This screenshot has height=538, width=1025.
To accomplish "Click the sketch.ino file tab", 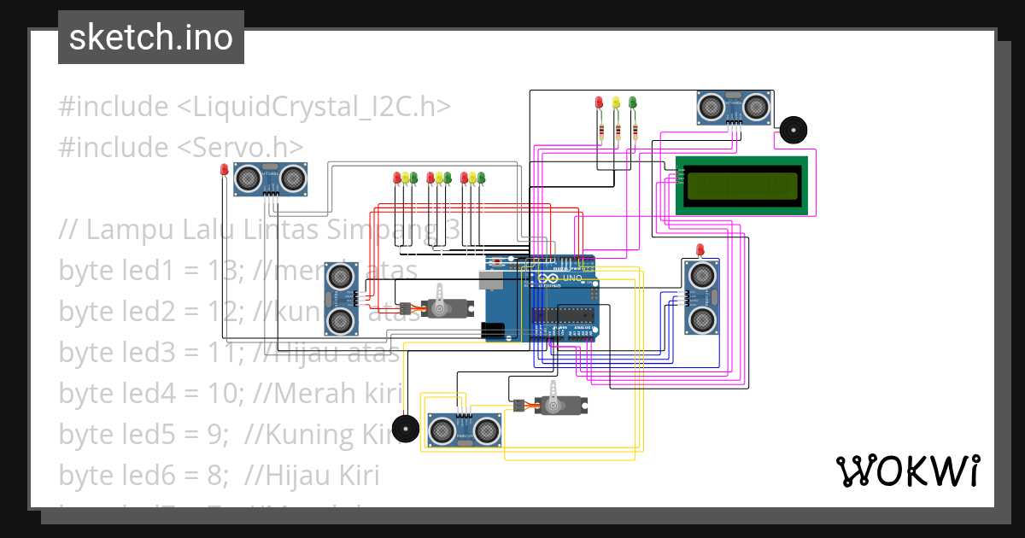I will pos(151,38).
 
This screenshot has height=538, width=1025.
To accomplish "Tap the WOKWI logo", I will pos(906,471).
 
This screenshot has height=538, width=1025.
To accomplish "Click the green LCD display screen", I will pos(741,185).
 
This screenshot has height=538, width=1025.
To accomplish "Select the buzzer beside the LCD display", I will pos(792,131).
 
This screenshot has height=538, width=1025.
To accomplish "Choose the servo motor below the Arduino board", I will pos(555,404).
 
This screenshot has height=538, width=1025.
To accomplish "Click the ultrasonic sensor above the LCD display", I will pos(733,107).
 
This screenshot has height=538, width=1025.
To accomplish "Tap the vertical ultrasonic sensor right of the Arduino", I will pos(702,297).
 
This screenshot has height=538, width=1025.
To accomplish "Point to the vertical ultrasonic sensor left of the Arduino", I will pos(341,298).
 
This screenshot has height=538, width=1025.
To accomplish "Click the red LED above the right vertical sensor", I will pos(701,249).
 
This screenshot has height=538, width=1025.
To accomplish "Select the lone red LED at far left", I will pos(225,169).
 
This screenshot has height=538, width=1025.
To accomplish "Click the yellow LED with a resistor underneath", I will pos(616,102).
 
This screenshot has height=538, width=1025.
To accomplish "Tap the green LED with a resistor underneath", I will pos(633,102).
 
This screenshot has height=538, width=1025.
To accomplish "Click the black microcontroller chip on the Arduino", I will pos(563,315).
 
